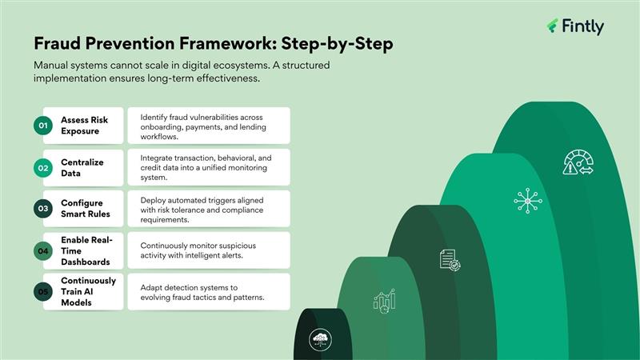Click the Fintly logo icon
tap(552, 26)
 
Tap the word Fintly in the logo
tap(582, 26)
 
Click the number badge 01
tap(42, 126)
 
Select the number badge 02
tap(42, 168)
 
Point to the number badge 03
tap(42, 209)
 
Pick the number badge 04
tap(42, 250)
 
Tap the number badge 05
tap(42, 292)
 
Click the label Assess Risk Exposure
tap(84, 126)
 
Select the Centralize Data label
tap(82, 168)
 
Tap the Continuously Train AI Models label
tap(88, 292)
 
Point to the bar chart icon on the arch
tap(384, 300)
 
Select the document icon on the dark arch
tap(449, 259)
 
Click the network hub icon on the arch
tap(526, 200)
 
